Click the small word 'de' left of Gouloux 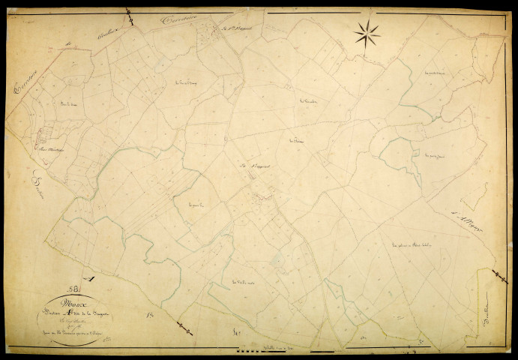tap(67, 46)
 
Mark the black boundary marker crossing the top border tap(129, 13)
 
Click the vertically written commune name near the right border tap(492, 303)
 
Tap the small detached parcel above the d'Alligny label tap(472, 196)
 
